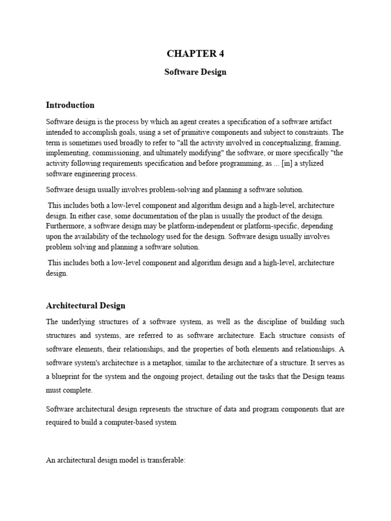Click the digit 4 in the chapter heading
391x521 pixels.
pos(221,54)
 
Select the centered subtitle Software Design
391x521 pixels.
pos(195,72)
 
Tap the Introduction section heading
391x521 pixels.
pos(70,105)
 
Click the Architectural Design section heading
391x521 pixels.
pos(86,306)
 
